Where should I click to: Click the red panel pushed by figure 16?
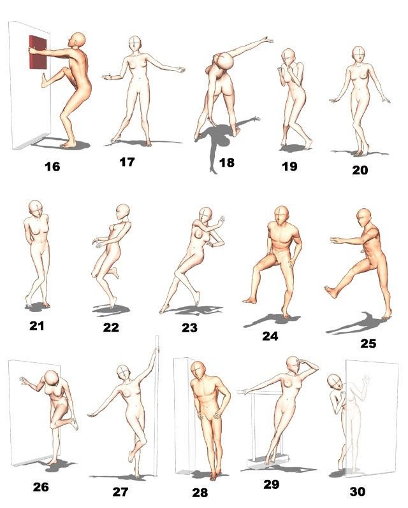pyautogui.click(x=38, y=52)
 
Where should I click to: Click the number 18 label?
pyautogui.click(x=227, y=162)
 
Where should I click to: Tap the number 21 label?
pyautogui.click(x=36, y=325)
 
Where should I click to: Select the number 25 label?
pyautogui.click(x=368, y=343)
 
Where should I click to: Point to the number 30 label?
pyautogui.click(x=358, y=492)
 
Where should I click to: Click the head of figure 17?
pyautogui.click(x=135, y=44)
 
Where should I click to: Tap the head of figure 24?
pyautogui.click(x=281, y=215)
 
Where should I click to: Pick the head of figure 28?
pyautogui.click(x=198, y=371)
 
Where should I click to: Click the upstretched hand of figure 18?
pyautogui.click(x=268, y=40)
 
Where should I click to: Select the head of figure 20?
pyautogui.click(x=358, y=54)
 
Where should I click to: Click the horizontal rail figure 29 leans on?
pyautogui.click(x=259, y=392)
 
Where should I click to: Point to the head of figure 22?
pyautogui.click(x=122, y=211)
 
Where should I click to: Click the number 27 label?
pyautogui.click(x=120, y=492)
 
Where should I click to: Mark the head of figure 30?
pyautogui.click(x=334, y=383)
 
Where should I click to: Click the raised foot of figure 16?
pyautogui.click(x=44, y=81)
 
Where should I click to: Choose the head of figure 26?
pyautogui.click(x=51, y=378)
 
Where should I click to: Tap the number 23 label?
pyautogui.click(x=189, y=328)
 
